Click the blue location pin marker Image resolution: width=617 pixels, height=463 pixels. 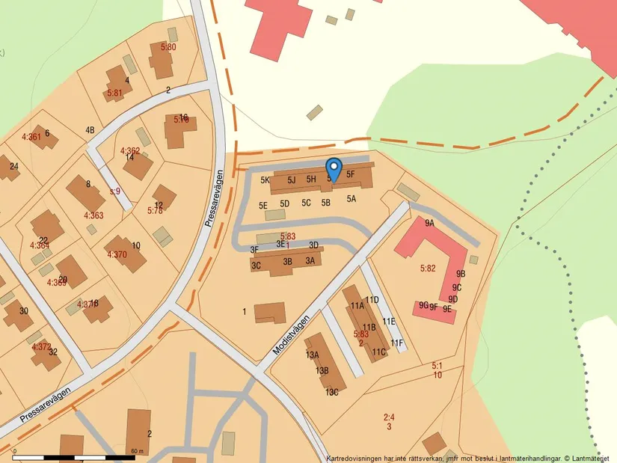coord(334,168)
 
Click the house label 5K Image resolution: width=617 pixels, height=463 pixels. coord(265,180)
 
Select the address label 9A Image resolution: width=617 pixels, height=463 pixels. coord(429,223)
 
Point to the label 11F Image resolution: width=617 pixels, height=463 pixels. coord(396,343)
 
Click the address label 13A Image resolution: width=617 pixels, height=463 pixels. coord(312,355)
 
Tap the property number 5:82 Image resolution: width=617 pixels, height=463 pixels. coord(428,268)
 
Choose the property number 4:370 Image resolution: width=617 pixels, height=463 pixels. coord(117,254)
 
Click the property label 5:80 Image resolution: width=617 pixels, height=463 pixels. coord(168,47)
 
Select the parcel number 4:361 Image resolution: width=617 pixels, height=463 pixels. coord(31,137)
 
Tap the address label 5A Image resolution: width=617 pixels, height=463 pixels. coord(351,200)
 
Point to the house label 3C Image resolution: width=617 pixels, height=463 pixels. coord(257,265)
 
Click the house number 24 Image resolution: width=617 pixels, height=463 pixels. coord(13,166)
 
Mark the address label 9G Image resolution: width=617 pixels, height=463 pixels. coord(423,305)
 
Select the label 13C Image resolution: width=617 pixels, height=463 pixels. coord(331,392)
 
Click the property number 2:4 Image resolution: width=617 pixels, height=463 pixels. coord(389,417)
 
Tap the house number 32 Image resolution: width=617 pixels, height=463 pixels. coord(53,352)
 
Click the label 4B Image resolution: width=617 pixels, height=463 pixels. coord(90,130)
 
